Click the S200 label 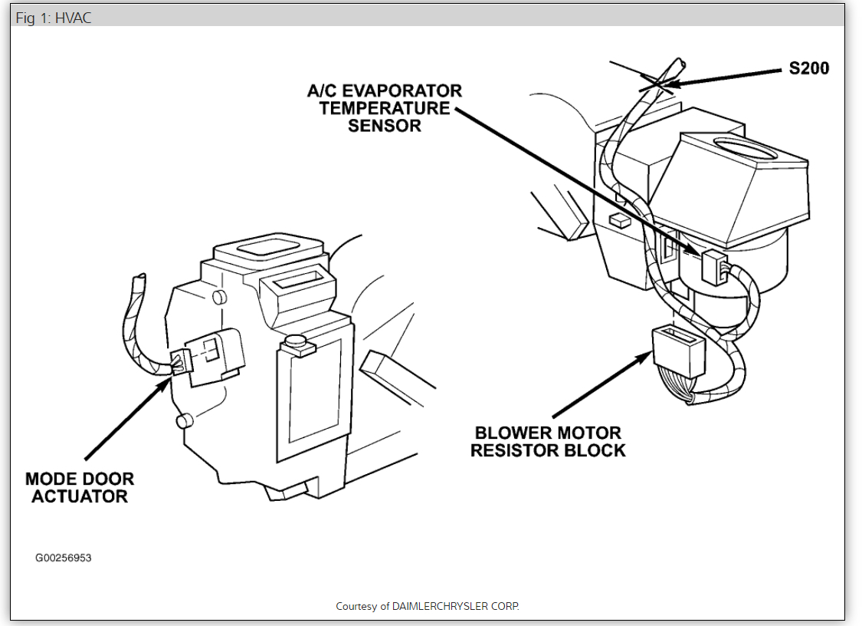coord(808,68)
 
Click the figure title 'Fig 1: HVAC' coord(53,18)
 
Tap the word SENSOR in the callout coord(384,126)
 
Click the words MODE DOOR coord(79,479)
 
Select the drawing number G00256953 coord(63,558)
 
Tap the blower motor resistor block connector coord(678,351)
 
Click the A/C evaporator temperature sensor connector coord(714,266)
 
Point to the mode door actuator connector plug coord(179,361)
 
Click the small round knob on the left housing coord(294,341)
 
